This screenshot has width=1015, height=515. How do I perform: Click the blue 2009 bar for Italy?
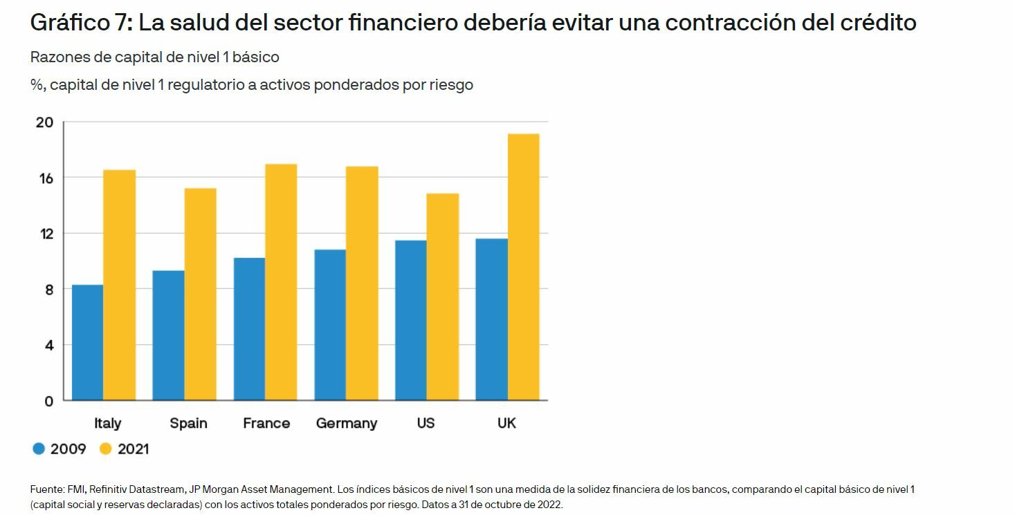[x=87, y=342]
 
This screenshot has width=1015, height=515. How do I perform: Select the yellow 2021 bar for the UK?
[x=523, y=267]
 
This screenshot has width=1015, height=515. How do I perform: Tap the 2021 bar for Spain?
[x=200, y=294]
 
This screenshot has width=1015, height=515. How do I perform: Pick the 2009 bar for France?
[x=249, y=329]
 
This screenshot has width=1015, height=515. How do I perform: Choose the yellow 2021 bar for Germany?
[x=362, y=283]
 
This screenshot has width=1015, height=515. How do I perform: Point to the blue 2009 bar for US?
[x=410, y=320]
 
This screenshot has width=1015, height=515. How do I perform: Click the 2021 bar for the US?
[x=442, y=297]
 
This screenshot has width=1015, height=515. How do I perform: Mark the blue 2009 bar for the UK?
[x=491, y=319]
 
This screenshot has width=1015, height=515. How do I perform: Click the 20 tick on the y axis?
[x=44, y=123]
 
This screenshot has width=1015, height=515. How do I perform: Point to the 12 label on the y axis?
[x=46, y=234]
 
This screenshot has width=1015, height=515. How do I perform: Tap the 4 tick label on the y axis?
[x=48, y=345]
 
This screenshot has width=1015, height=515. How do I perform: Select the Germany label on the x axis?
[x=346, y=423]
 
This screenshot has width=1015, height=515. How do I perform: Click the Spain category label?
[x=188, y=423]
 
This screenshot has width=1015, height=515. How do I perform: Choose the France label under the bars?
[x=266, y=423]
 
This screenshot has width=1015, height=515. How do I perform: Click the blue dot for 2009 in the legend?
[x=39, y=449]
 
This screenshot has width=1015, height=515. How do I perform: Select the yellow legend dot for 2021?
[x=106, y=449]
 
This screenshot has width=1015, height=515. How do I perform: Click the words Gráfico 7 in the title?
[x=80, y=23]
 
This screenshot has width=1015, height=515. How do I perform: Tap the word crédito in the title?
[x=878, y=23]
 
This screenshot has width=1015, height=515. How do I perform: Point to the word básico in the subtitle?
[x=255, y=57]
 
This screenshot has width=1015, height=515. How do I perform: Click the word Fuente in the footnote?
[x=47, y=489]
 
